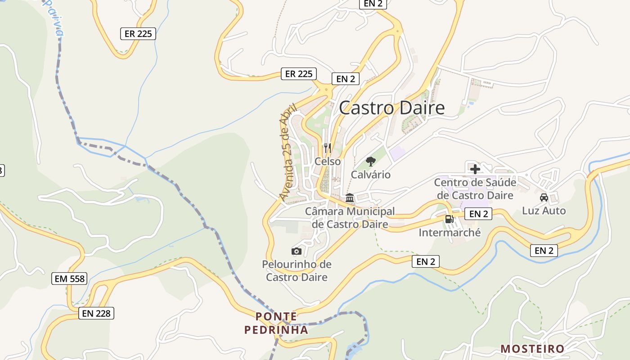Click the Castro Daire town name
[x=391, y=108]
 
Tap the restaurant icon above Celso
[x=328, y=147]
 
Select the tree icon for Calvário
[x=371, y=161]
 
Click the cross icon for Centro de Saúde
[x=475, y=169]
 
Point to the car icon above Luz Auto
[x=544, y=197]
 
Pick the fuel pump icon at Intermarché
[x=449, y=219]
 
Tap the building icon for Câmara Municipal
[x=350, y=198]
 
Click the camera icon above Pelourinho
[x=297, y=251]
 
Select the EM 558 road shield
[x=69, y=279]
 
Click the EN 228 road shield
[x=96, y=313]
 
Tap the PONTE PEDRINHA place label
[x=276, y=323]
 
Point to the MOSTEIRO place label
[x=532, y=349]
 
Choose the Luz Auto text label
[x=544, y=211]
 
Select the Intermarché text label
[x=450, y=233]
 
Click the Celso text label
[x=328, y=161]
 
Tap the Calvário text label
[x=371, y=175]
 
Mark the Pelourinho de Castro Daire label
[x=297, y=270]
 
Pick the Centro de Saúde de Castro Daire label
[x=475, y=189]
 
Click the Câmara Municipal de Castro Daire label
[x=350, y=217]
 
